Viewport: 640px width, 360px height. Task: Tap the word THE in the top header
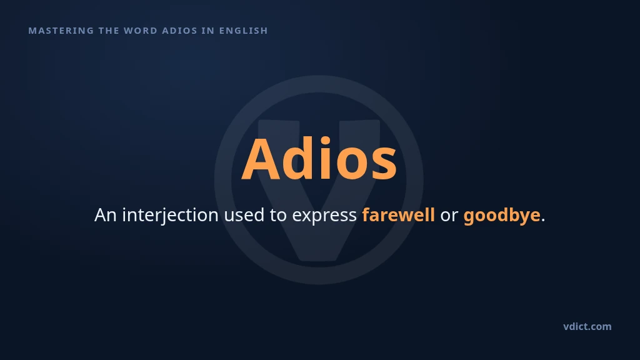coord(109,31)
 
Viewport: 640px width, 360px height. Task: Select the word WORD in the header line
coord(141,31)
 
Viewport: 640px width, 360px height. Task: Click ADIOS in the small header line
coord(179,31)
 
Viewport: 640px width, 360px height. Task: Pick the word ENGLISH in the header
coord(244,31)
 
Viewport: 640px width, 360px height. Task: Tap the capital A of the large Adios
coord(261,159)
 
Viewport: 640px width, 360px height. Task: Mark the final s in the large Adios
coord(384,164)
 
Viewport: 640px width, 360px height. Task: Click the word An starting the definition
coord(106,215)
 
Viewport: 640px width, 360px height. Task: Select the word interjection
coord(171,216)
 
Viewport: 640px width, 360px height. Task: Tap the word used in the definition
coord(244,215)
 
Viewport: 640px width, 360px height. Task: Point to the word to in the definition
coord(278,216)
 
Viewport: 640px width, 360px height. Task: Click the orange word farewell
coord(398,215)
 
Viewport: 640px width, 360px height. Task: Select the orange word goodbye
coord(502,216)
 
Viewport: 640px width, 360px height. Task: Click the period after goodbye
coord(543,221)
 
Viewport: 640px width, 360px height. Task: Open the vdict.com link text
coord(587,326)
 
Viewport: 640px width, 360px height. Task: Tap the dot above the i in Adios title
coord(325,141)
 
